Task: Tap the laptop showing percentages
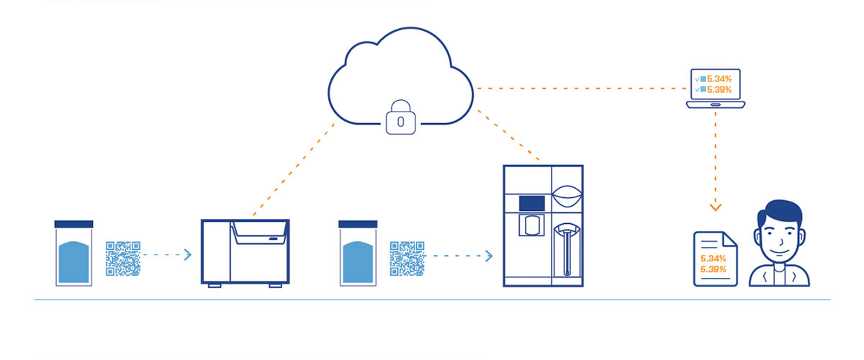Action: pyautogui.click(x=716, y=89)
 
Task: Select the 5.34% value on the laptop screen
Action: pyautogui.click(x=719, y=78)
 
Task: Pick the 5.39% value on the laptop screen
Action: pyautogui.click(x=719, y=90)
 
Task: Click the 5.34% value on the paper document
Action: pyautogui.click(x=713, y=258)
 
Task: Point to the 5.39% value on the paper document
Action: pyautogui.click(x=713, y=269)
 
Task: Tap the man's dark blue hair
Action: pyautogui.click(x=779, y=211)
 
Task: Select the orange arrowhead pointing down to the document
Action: pyautogui.click(x=715, y=208)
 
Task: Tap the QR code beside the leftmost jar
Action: pyautogui.click(x=123, y=258)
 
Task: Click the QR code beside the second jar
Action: pyautogui.click(x=407, y=258)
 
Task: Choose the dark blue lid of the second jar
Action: pyautogui.click(x=358, y=224)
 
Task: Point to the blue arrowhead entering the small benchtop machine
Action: pyautogui.click(x=188, y=255)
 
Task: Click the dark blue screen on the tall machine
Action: pyautogui.click(x=532, y=203)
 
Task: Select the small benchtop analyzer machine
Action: pyautogui.click(x=245, y=252)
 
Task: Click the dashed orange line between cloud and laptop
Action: pyautogui.click(x=576, y=89)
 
